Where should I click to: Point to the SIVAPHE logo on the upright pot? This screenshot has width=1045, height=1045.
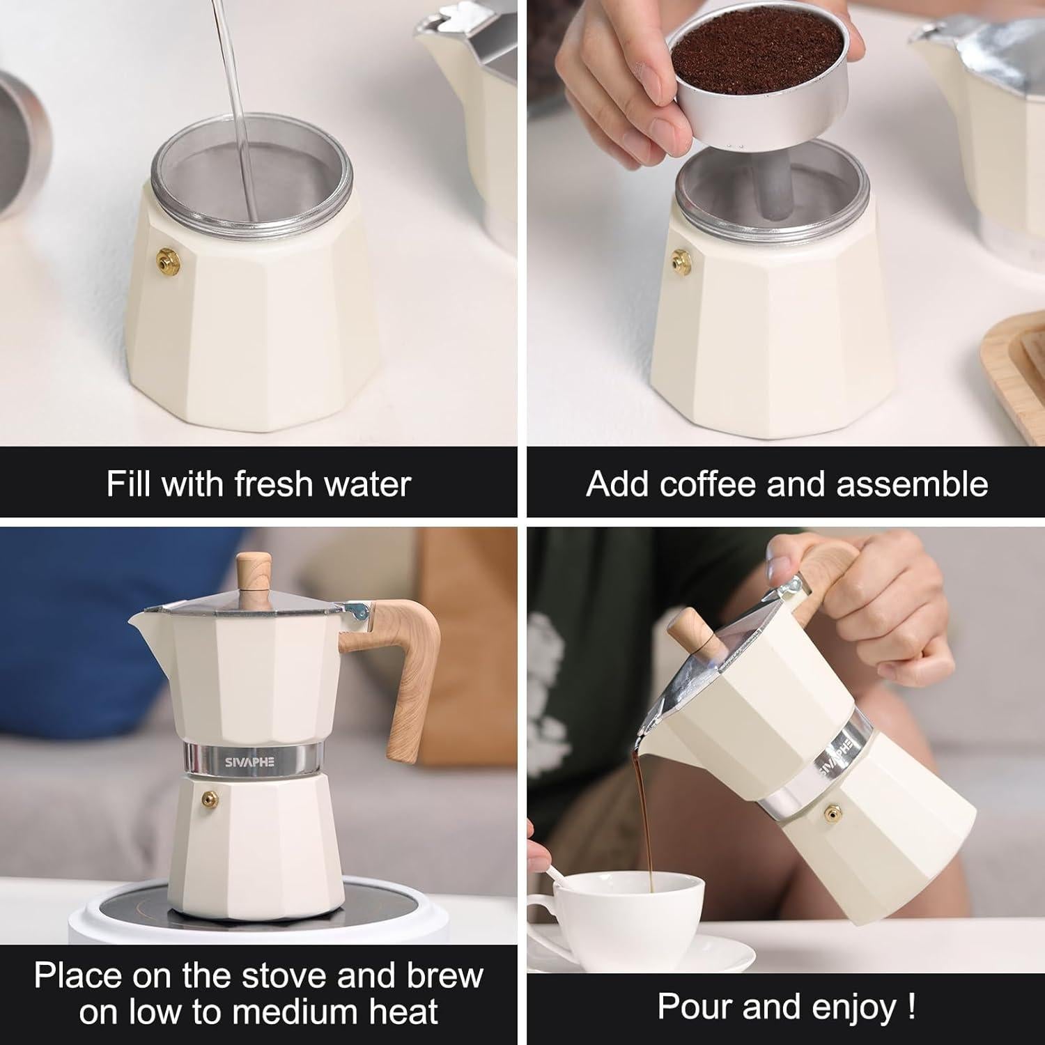250,761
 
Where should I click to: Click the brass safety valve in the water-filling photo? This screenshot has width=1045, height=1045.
167,258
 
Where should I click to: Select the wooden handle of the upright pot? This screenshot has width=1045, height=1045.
411,669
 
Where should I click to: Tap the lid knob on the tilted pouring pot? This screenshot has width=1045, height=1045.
690,630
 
